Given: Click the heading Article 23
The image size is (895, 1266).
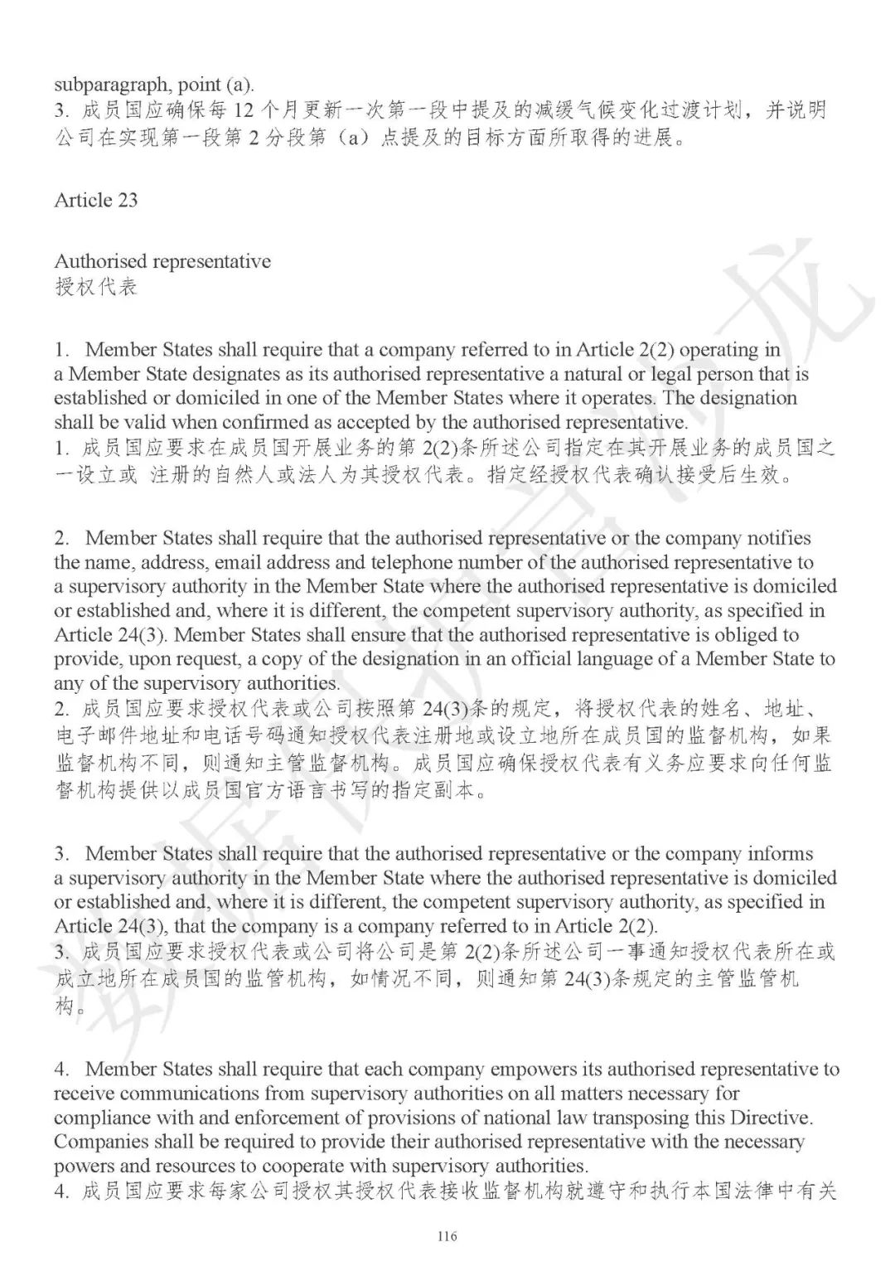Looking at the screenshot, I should point(96,200).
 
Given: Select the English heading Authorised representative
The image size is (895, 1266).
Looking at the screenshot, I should point(162,261).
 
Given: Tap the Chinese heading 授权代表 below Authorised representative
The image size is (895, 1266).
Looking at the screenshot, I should point(95,288).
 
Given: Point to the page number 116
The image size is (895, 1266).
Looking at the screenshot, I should point(447,1236).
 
